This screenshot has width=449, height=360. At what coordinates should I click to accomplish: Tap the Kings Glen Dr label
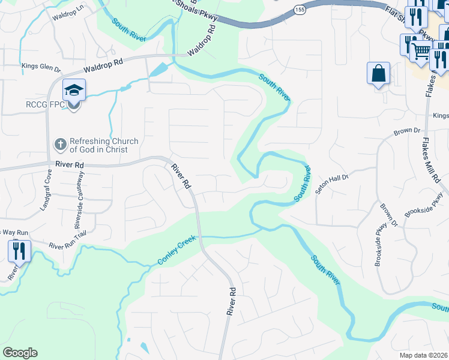coord(41,67)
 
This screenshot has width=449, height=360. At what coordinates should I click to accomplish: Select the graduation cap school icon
coord(74,91)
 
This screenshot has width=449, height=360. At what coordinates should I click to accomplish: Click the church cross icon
coord(60,144)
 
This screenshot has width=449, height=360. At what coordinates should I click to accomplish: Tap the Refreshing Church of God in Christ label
coord(104,145)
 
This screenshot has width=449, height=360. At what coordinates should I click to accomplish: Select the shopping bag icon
coord(379,74)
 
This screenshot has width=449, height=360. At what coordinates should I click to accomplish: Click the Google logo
coord(20,353)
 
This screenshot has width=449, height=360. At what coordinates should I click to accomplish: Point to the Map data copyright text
coord(423,355)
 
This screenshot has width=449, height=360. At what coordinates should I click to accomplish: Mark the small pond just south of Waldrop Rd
coord(158,70)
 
